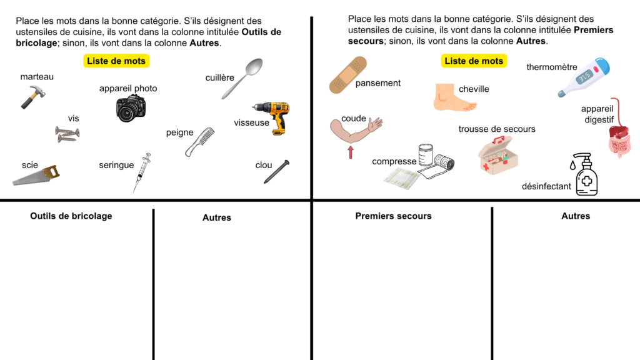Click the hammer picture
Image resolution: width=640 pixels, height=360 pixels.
[32, 97]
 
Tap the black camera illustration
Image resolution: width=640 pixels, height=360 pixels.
[131, 108]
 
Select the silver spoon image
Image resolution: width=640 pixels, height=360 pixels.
[242, 78]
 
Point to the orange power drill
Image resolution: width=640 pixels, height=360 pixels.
[272, 118]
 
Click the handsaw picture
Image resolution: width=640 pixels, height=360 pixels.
[36, 175]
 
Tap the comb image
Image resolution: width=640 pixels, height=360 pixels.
[199, 142]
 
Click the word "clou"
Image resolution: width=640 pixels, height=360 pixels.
[264, 165]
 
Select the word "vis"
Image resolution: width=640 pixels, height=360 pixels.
[74, 118]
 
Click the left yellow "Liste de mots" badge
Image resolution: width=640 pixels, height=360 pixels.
[116, 61]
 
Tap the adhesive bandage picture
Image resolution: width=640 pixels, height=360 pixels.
[348, 75]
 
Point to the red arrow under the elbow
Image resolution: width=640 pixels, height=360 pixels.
[351, 152]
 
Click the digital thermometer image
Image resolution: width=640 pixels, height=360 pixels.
[584, 77]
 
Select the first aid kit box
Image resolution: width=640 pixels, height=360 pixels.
[498, 156]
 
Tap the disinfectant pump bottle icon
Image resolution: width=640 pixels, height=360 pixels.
[586, 174]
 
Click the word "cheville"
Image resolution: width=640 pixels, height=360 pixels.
[474, 89]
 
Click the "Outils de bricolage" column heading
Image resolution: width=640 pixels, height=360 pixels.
[71, 216]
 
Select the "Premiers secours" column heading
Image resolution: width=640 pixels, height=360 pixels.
[394, 216]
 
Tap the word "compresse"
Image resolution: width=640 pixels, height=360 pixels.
[394, 162]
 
